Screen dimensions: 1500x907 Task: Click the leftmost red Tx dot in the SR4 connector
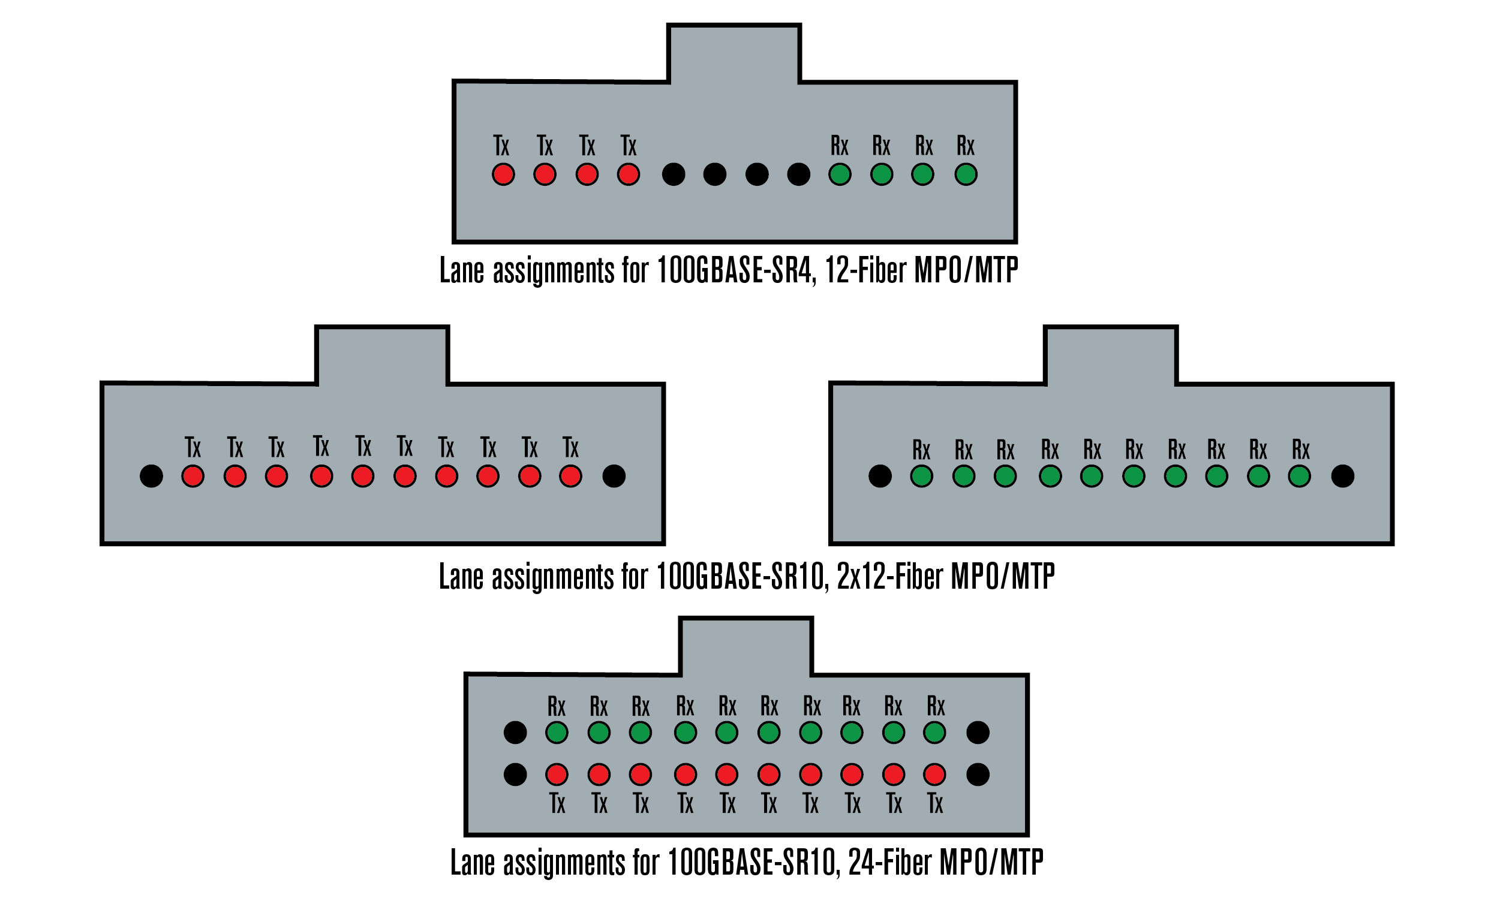coord(503,174)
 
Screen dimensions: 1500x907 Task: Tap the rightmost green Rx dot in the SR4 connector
coord(966,174)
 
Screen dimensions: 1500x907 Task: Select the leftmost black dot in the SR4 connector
coord(674,174)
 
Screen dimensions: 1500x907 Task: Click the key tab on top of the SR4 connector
coord(734,53)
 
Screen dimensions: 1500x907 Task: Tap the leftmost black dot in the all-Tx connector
coord(151,476)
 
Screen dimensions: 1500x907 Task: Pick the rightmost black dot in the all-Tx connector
coord(614,476)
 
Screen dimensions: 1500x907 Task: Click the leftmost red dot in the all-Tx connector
coord(193,476)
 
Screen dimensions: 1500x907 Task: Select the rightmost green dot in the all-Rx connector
coord(1299,476)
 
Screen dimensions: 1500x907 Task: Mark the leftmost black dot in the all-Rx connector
coord(880,476)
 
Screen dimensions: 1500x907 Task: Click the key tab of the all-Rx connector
coord(1111,355)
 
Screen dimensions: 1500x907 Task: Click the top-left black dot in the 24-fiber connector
coord(515,733)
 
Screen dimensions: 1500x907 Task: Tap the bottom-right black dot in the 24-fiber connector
coord(978,775)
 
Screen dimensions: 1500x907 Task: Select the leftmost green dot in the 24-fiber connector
coord(557,733)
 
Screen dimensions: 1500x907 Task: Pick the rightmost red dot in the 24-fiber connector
coord(934,775)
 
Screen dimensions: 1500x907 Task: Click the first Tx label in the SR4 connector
coord(501,146)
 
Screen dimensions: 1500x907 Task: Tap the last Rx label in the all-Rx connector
coord(1301,450)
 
